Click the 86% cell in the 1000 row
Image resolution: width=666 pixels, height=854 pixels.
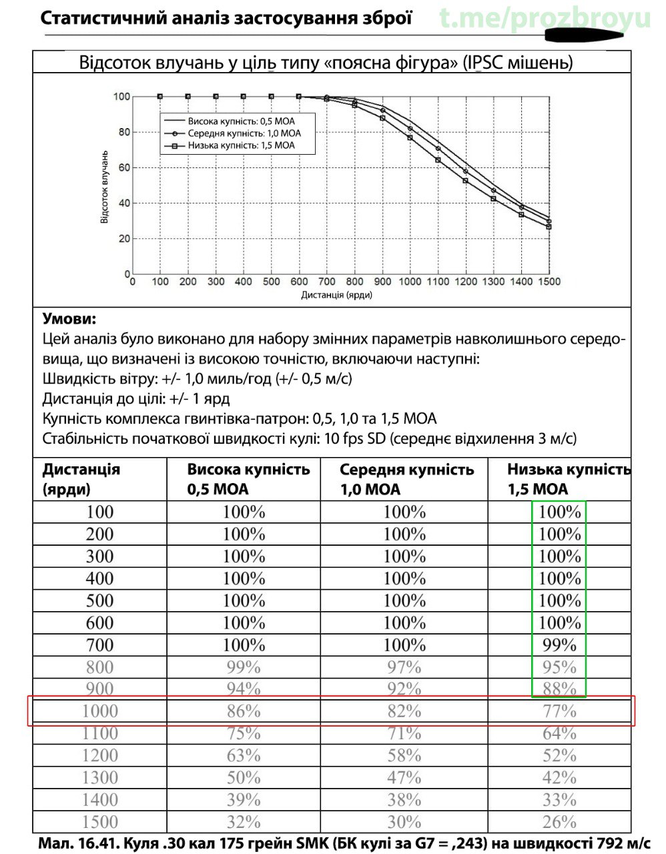coord(244,711)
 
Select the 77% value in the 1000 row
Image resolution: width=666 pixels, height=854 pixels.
coord(559,711)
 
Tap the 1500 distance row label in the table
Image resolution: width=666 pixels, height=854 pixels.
coord(99,822)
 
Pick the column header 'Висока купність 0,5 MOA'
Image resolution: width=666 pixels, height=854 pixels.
coord(248,479)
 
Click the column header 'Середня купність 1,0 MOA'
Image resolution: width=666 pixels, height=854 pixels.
coord(406,479)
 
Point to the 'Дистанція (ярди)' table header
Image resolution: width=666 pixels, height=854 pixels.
coord(81,479)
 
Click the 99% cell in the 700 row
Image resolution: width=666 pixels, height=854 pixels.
coord(559,645)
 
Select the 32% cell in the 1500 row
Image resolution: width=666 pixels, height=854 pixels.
coord(244,822)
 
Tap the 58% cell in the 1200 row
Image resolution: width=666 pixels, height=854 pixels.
coord(404,756)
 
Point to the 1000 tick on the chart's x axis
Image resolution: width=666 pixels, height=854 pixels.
coord(410,282)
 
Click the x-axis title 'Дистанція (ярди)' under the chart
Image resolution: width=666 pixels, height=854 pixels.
coord(336,295)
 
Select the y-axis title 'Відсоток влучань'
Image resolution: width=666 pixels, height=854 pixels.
coord(105,186)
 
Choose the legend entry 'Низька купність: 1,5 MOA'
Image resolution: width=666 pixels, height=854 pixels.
coord(241,145)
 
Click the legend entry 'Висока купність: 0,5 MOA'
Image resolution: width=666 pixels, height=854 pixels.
coord(241,121)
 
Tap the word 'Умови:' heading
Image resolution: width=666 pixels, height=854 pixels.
coord(69,319)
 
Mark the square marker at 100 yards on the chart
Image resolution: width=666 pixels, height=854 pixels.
coord(160,97)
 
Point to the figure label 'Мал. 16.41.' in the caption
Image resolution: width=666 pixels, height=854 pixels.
coord(75,843)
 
